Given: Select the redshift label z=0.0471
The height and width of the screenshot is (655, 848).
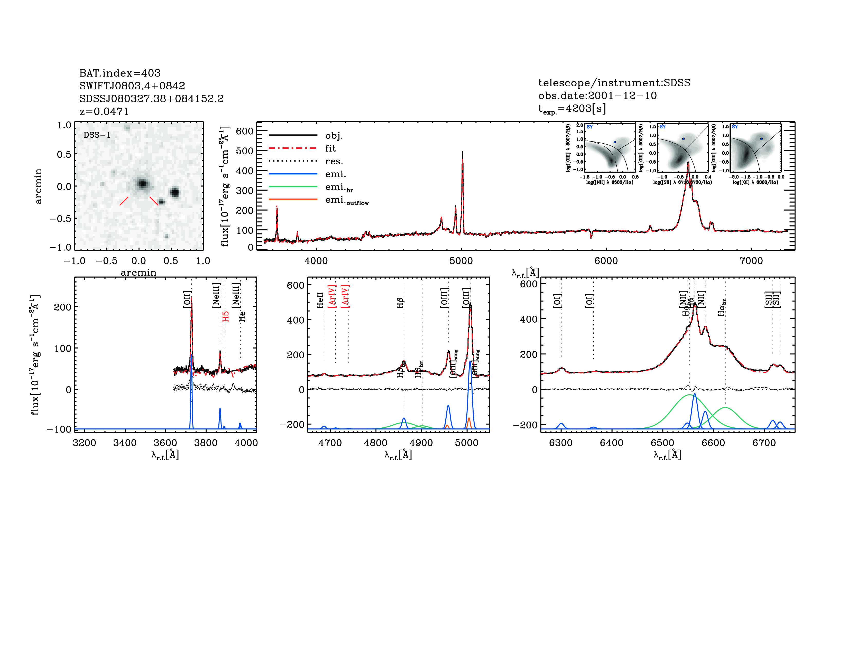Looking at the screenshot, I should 104,111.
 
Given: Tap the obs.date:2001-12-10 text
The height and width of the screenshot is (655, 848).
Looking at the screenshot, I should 597,96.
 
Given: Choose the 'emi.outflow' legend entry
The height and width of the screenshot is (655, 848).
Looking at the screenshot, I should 347,201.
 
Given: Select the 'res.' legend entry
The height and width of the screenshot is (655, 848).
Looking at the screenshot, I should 334,161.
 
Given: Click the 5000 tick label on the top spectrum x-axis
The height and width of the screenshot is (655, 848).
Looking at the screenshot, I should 461,261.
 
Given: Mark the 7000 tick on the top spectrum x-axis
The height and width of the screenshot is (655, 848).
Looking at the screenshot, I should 751,261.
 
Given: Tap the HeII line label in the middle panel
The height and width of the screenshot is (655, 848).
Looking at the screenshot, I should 320,300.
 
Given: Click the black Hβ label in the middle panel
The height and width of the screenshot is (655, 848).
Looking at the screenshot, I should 400,303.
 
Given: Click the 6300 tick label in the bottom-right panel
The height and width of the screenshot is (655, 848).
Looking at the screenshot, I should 561,443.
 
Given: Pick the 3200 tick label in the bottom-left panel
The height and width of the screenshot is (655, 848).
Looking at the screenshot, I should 84,443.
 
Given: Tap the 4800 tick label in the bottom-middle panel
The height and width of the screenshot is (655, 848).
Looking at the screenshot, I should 375,443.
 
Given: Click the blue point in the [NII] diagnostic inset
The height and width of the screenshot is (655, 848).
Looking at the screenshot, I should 615,142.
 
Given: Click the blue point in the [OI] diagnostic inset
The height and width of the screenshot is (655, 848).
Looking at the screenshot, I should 761,138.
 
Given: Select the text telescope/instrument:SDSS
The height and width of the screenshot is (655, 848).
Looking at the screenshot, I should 614,83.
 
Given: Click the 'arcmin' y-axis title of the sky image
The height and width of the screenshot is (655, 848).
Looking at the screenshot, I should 38,186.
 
